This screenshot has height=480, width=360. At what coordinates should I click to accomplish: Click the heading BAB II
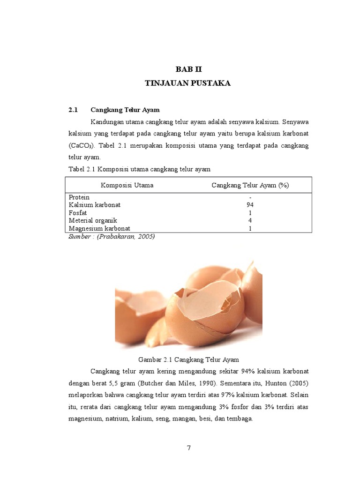(188, 69)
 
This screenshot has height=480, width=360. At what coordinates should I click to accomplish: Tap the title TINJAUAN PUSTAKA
(188, 83)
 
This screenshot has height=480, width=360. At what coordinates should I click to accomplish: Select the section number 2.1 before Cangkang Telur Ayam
(73, 110)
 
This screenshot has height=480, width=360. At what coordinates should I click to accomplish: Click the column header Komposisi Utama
(127, 185)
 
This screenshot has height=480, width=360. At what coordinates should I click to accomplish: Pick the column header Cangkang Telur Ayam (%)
(250, 185)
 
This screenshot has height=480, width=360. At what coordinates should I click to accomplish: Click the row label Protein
(79, 197)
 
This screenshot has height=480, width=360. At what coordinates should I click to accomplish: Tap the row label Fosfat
(78, 213)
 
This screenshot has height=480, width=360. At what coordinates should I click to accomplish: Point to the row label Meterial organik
(93, 220)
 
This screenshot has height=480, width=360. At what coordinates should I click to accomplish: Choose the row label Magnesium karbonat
(99, 228)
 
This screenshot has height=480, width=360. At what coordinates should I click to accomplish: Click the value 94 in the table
(250, 205)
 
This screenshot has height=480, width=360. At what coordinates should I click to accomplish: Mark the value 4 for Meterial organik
(250, 220)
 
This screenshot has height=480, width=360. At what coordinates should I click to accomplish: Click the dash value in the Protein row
(250, 197)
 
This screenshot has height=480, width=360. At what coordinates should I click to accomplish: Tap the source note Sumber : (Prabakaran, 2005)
(112, 236)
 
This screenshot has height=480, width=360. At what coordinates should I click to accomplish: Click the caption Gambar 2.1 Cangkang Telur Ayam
(188, 360)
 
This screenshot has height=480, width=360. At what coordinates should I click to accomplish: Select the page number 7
(188, 448)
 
